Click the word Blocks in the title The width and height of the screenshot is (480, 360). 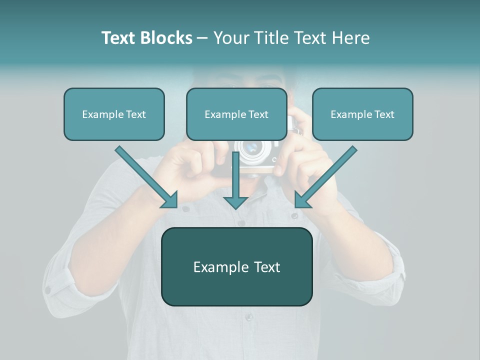tap(166, 38)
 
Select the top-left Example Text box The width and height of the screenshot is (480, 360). tap(114, 114)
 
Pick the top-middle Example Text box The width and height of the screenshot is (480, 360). tap(236, 114)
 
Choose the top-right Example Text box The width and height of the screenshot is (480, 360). tap(362, 114)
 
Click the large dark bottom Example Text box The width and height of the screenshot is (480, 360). tap(236, 267)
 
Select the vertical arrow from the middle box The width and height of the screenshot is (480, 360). tap(235, 180)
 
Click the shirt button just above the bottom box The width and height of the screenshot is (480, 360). tap(241, 223)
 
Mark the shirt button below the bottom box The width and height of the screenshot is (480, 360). tap(248, 317)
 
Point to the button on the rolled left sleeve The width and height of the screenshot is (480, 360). tap(48, 289)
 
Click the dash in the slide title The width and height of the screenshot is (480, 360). tap(202, 38)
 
